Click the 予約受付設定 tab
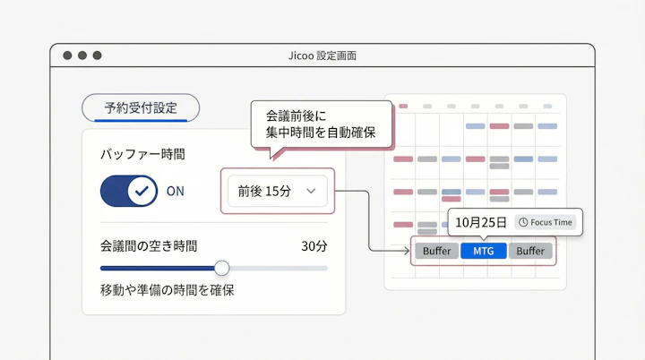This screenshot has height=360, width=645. coord(141,108)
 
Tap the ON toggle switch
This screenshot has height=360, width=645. coord(129,191)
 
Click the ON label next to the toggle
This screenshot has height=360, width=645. coord(176,191)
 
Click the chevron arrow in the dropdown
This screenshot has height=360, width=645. coord(312,191)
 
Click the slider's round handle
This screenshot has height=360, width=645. coord(221,268)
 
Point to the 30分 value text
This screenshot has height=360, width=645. coord(314,245)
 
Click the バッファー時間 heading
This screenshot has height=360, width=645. coord(142,154)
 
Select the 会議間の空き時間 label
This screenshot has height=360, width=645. coord(149,245)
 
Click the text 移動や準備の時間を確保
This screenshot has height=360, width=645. coord(168,290)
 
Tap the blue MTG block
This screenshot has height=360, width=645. coord(484,251)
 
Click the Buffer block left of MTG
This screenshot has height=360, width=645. coord(437,251)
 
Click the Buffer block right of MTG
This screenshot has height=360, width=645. coord(530,251)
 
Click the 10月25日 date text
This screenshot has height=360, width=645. coord(480,222)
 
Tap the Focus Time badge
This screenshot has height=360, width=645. coord(546,222)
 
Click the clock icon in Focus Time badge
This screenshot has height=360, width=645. coord(522,222)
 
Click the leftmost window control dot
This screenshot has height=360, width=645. coord(67,56)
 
